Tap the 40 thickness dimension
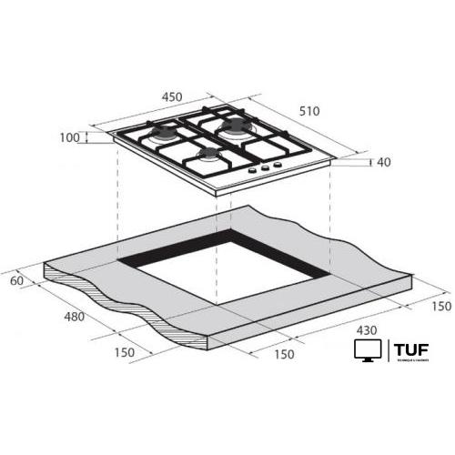[x=383, y=163]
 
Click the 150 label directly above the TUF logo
[x=440, y=307]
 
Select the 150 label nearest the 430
[x=284, y=354]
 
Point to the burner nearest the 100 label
[x=163, y=134]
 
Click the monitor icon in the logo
[x=367, y=350]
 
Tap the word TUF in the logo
[x=412, y=349]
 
